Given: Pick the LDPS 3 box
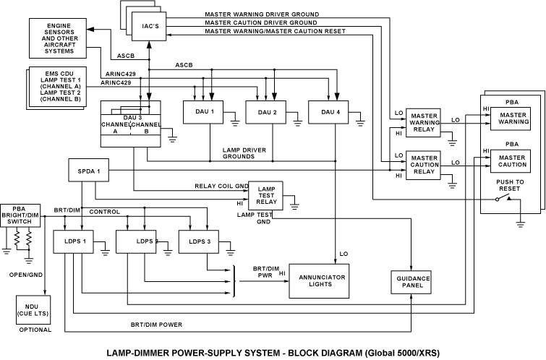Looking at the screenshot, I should [x=200, y=241].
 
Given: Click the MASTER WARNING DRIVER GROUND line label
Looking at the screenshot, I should [x=263, y=14].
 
